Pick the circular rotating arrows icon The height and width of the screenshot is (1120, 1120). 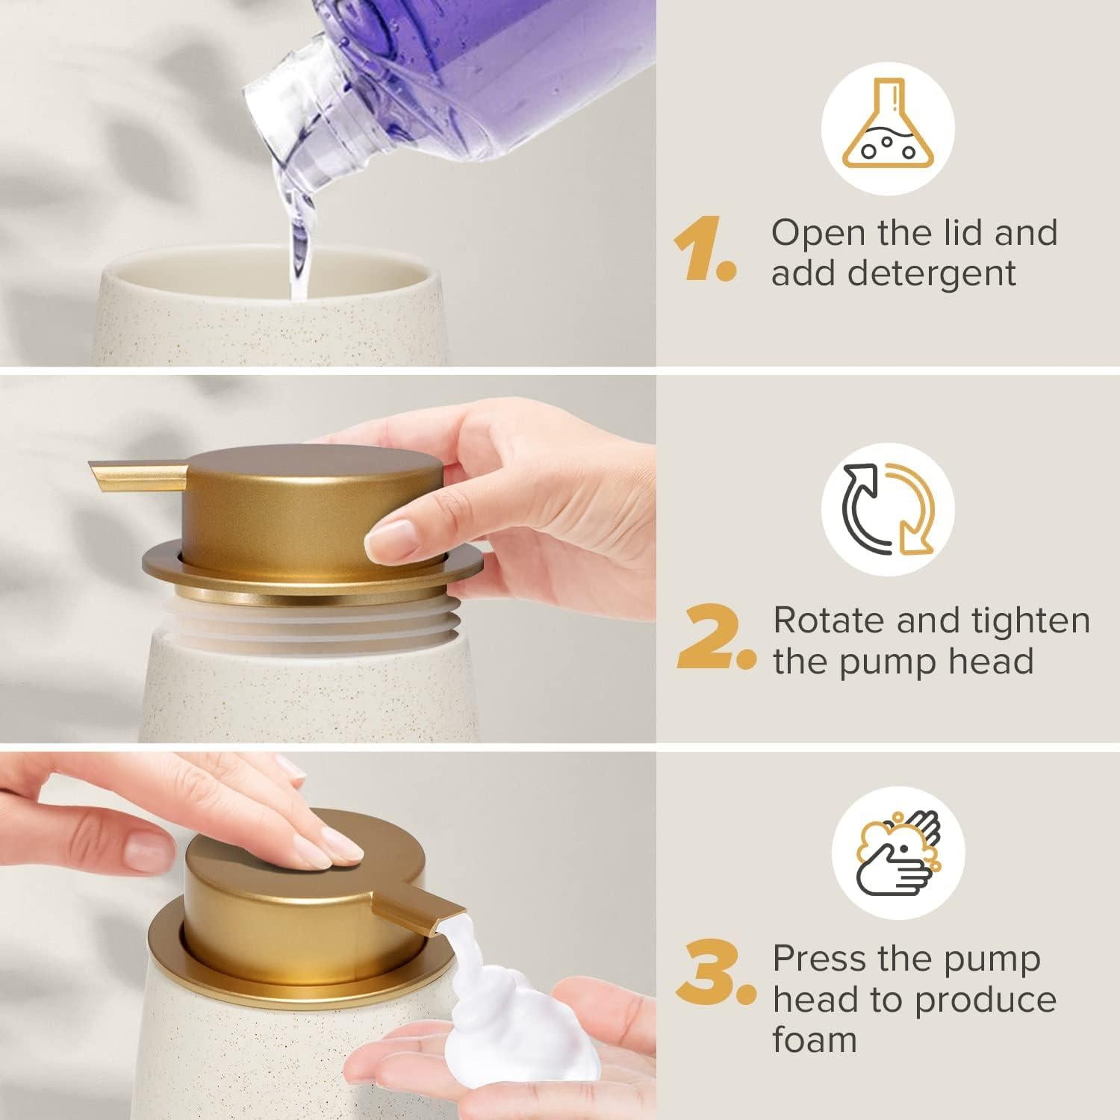coord(887,508)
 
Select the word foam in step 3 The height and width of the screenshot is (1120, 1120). coord(815,1039)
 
